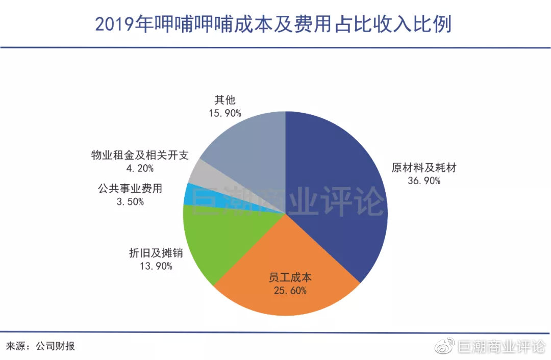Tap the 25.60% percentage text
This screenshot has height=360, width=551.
tap(290, 291)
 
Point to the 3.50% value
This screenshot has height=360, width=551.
tap(130, 201)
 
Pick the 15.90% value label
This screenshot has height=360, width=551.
tap(224, 113)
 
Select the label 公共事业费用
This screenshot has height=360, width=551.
tap(130, 189)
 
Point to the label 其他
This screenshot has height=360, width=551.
tap(224, 100)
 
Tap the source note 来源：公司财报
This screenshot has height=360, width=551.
tap(40, 346)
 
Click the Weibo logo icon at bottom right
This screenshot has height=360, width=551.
tap(444, 347)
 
